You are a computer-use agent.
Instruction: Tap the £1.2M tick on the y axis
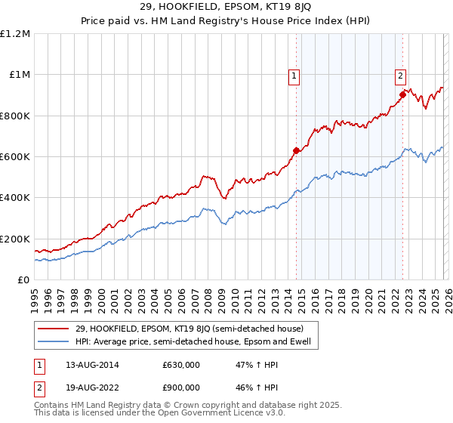pyautogui.click(x=15, y=34)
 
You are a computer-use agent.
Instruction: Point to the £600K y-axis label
pyautogui.click(x=15, y=157)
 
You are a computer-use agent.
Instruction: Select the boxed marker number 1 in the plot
pyautogui.click(x=293, y=76)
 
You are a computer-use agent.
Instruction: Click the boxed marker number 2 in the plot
pyautogui.click(x=399, y=76)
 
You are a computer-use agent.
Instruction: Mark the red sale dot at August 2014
pyautogui.click(x=296, y=150)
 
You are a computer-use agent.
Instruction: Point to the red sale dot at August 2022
pyautogui.click(x=402, y=95)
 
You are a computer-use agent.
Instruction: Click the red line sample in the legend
pyautogui.click(x=53, y=329)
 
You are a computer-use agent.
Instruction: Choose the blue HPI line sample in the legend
pyautogui.click(x=53, y=342)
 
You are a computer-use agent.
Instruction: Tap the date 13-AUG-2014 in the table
pyautogui.click(x=87, y=365)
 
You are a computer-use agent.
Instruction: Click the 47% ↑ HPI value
pyautogui.click(x=252, y=365)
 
